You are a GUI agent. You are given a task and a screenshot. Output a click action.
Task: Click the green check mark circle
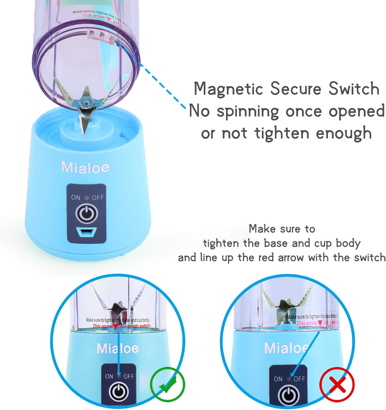[168, 384]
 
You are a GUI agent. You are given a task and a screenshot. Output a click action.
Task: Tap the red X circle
[337, 384]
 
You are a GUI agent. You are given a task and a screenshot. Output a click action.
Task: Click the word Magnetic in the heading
[228, 89]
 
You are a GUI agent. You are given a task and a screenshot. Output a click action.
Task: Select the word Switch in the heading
[354, 89]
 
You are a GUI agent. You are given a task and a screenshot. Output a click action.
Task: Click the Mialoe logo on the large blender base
[85, 168]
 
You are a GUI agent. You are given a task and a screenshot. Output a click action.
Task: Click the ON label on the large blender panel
[76, 198]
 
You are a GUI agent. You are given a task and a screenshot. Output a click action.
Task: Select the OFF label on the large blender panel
[98, 198]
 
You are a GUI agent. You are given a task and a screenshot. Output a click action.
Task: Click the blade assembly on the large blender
[86, 107]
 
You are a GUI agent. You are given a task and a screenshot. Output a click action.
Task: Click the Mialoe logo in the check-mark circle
[118, 348]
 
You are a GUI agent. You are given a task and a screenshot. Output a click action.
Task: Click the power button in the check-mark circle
[119, 392]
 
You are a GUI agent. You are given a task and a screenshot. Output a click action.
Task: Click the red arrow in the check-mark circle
[115, 327]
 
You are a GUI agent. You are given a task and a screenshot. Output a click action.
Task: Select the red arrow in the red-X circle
[320, 323]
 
